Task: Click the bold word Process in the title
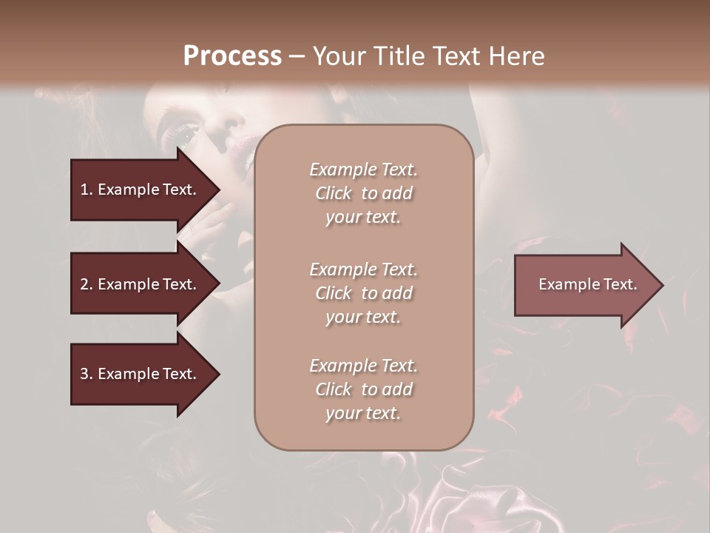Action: pyautogui.click(x=232, y=56)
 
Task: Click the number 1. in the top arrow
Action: pyautogui.click(x=86, y=190)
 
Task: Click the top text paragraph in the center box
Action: pyautogui.click(x=364, y=193)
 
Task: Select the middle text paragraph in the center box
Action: pyautogui.click(x=364, y=293)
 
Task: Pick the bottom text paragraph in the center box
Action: pyautogui.click(x=364, y=389)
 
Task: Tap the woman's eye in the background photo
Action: pyautogui.click(x=182, y=135)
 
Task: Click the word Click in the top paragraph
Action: pyautogui.click(x=334, y=193)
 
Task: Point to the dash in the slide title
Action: pyautogui.click(x=297, y=57)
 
